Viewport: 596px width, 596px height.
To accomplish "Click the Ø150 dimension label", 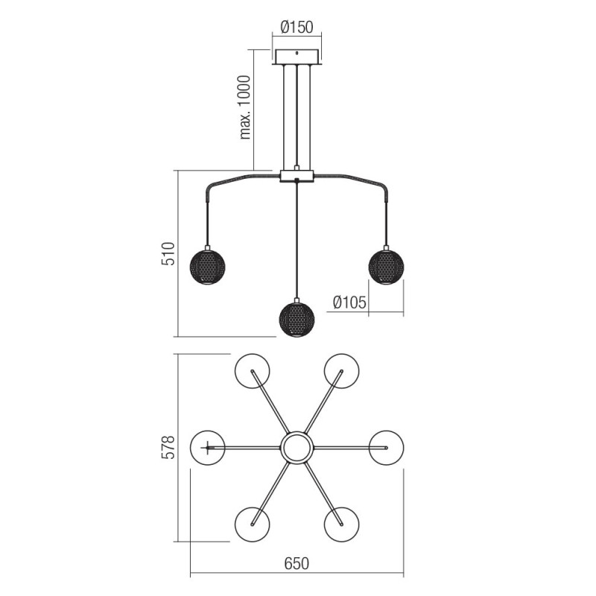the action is pyautogui.click(x=297, y=28).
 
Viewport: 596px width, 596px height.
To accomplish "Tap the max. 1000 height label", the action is pyautogui.click(x=245, y=107).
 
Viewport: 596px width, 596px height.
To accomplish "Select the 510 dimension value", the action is pyautogui.click(x=168, y=253).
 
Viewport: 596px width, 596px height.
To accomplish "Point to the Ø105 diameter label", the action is pyautogui.click(x=349, y=302).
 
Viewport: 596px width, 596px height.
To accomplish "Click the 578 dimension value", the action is pyautogui.click(x=168, y=448).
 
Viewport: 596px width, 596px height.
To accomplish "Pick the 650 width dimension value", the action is pyautogui.click(x=297, y=563).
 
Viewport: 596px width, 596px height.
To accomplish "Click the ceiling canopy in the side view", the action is pyautogui.click(x=297, y=57).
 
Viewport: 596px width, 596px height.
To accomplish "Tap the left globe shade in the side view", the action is pyautogui.click(x=208, y=267).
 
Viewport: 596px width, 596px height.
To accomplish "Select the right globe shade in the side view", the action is pyautogui.click(x=386, y=267).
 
